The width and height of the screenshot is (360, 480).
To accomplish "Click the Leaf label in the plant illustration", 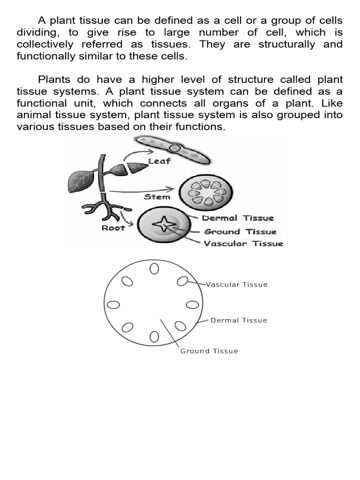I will pyautogui.click(x=159, y=162).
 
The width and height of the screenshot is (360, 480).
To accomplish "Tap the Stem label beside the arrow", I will pyautogui.click(x=157, y=197).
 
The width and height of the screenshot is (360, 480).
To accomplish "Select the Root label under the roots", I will pyautogui.click(x=113, y=228).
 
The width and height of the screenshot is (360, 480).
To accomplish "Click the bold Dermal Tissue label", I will pyautogui.click(x=238, y=218).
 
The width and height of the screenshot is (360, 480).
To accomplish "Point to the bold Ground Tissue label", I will pyautogui.click(x=240, y=231).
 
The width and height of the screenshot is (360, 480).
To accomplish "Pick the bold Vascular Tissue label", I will pyautogui.click(x=243, y=244).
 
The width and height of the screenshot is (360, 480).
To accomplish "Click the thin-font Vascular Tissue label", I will pyautogui.click(x=237, y=285).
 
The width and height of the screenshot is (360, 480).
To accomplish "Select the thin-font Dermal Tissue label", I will pyautogui.click(x=239, y=321).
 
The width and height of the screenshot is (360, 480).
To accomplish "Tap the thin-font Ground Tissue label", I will pyautogui.click(x=209, y=351).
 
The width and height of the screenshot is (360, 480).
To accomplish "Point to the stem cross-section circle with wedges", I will pyautogui.click(x=207, y=193).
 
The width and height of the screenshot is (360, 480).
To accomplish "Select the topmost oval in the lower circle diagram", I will pyautogui.click(x=154, y=269).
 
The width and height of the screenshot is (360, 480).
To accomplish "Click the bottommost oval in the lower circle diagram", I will pyautogui.click(x=154, y=337).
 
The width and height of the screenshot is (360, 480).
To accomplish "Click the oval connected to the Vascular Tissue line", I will pyautogui.click(x=183, y=281).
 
